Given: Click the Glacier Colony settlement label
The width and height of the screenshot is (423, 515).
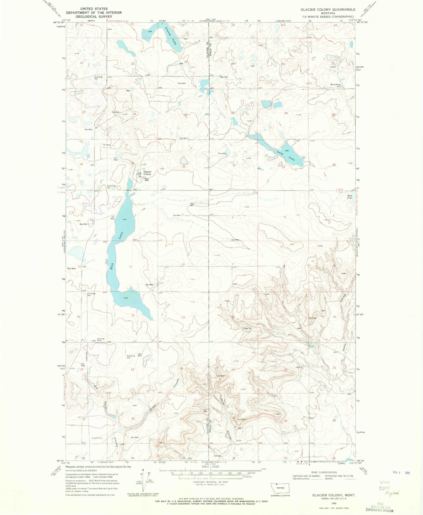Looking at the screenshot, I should coord(147,173).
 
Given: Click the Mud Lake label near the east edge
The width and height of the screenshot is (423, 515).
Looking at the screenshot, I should coord(350,197).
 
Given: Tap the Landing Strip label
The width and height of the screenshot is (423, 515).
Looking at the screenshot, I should coord(101,340).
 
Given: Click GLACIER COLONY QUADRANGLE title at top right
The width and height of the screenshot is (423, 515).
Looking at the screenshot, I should coord(328,9).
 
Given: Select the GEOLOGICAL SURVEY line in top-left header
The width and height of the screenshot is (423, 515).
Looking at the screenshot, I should coord(94,16).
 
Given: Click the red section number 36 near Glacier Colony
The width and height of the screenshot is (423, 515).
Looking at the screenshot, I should coord(184,166).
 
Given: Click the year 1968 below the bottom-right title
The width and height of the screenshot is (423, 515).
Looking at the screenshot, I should coord(334,503).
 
